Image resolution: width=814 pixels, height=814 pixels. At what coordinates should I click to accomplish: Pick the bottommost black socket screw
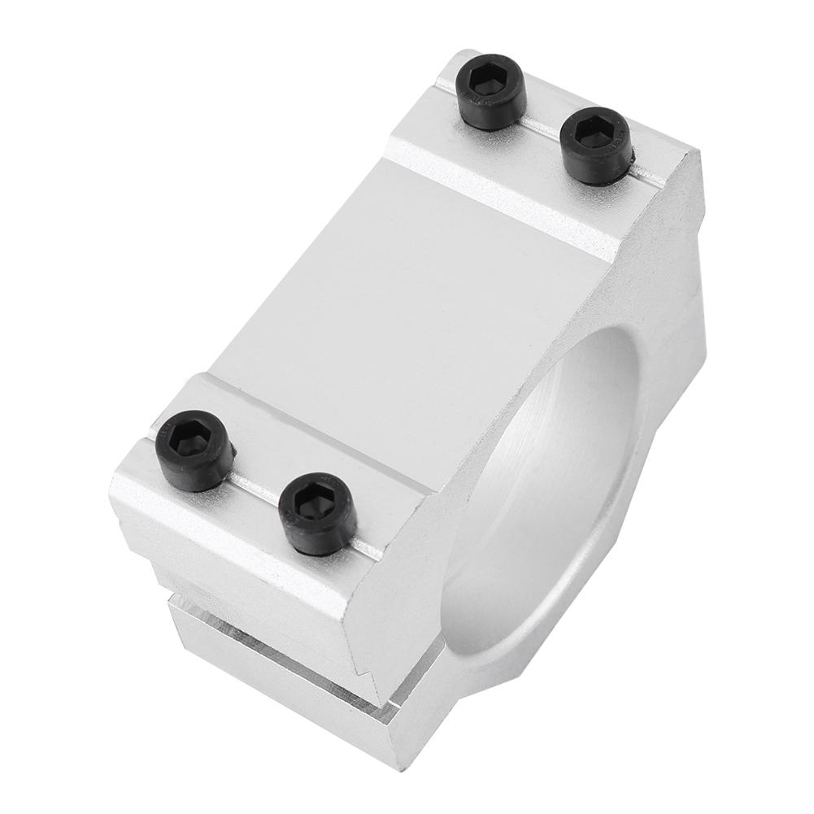point(316,513)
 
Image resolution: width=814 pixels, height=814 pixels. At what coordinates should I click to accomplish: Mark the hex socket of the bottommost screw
point(316,504)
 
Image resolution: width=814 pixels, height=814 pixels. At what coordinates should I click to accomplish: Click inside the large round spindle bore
point(561,488)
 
